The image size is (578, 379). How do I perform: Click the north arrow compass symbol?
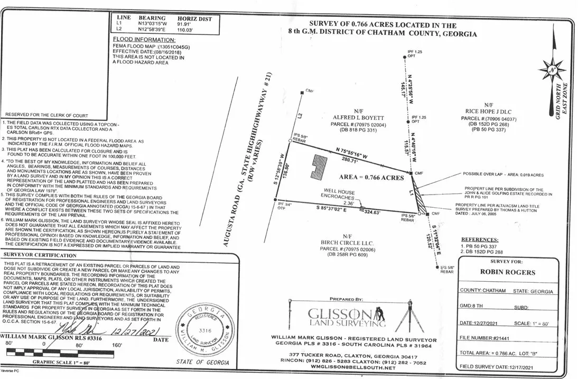coord(552,70)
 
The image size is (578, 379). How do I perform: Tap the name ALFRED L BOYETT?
coord(354,117)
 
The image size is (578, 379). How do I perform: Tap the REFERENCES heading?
coord(480,239)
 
